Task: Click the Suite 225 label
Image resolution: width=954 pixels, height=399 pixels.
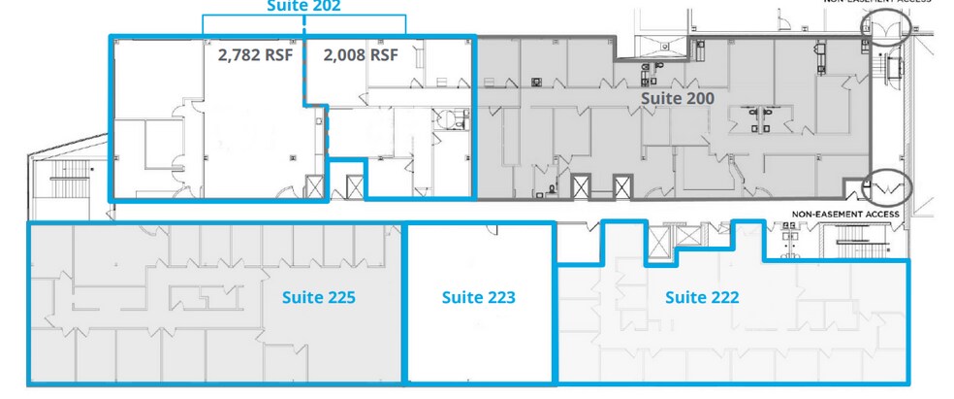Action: pyautogui.click(x=318, y=298)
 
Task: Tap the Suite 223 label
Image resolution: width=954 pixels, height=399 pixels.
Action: pyautogui.click(x=478, y=298)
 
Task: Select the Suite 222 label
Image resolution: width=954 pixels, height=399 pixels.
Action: pyautogui.click(x=702, y=298)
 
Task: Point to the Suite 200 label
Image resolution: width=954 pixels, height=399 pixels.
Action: pyautogui.click(x=678, y=98)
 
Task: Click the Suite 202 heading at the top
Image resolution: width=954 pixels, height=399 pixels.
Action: pyautogui.click(x=303, y=6)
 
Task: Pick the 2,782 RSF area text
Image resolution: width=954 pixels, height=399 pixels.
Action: pyautogui.click(x=251, y=55)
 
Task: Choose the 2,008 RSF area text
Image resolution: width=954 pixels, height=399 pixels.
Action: pyautogui.click(x=360, y=55)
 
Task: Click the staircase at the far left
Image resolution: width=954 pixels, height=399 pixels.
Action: pyautogui.click(x=70, y=181)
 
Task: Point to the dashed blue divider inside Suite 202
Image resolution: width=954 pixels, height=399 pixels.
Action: pyautogui.click(x=328, y=136)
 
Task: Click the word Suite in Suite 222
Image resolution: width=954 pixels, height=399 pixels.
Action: pyautogui.click(x=683, y=298)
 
